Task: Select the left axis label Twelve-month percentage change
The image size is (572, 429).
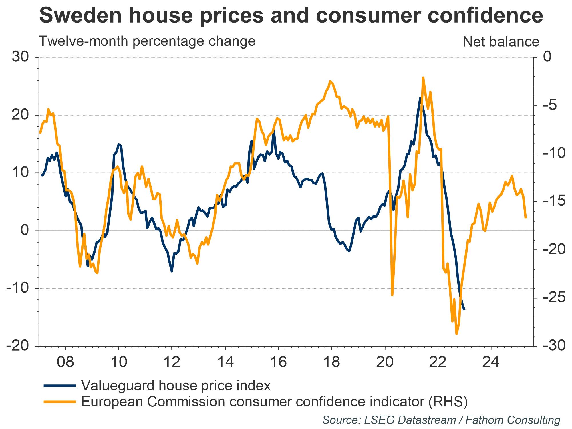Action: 147,41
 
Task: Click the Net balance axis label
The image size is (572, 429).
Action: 501,42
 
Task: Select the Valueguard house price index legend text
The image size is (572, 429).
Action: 176,386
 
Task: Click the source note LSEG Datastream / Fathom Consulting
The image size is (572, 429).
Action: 441,420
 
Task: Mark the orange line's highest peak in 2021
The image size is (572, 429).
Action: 423,78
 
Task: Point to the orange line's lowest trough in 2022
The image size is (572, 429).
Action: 456,334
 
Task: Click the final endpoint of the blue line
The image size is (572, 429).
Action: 464,309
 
